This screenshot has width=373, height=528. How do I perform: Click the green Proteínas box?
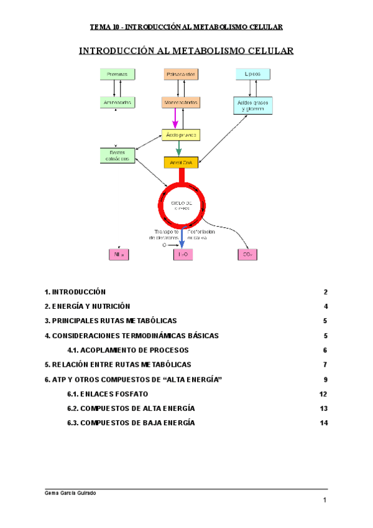[117, 74]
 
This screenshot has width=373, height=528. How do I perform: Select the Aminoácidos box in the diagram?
[117, 101]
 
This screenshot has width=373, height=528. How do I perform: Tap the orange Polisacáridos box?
[181, 74]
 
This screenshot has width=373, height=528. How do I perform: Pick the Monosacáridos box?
[181, 101]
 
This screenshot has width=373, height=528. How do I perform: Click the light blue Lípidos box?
[252, 74]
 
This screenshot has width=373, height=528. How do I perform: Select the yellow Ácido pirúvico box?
[181, 134]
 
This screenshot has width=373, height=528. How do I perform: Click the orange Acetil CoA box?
[181, 163]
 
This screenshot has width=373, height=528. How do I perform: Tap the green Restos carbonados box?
[117, 155]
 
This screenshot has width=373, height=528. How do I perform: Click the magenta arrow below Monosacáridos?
[176, 117]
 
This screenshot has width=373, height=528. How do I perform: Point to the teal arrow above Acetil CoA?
[179, 148]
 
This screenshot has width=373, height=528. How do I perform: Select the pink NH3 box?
[118, 254]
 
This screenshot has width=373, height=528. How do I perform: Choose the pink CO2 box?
[247, 254]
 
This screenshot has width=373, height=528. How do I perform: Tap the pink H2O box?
[183, 254]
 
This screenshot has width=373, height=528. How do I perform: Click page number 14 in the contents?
[323, 423]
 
